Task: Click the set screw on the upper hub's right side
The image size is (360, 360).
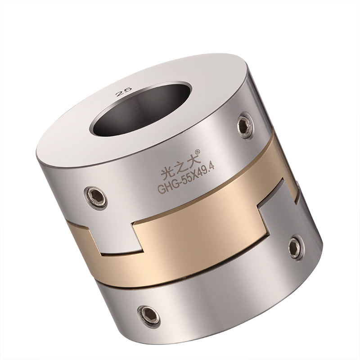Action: click(x=244, y=125)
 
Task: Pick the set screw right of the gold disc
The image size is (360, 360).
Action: click(x=295, y=247)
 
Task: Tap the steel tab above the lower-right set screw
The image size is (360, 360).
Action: click(x=279, y=211)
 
